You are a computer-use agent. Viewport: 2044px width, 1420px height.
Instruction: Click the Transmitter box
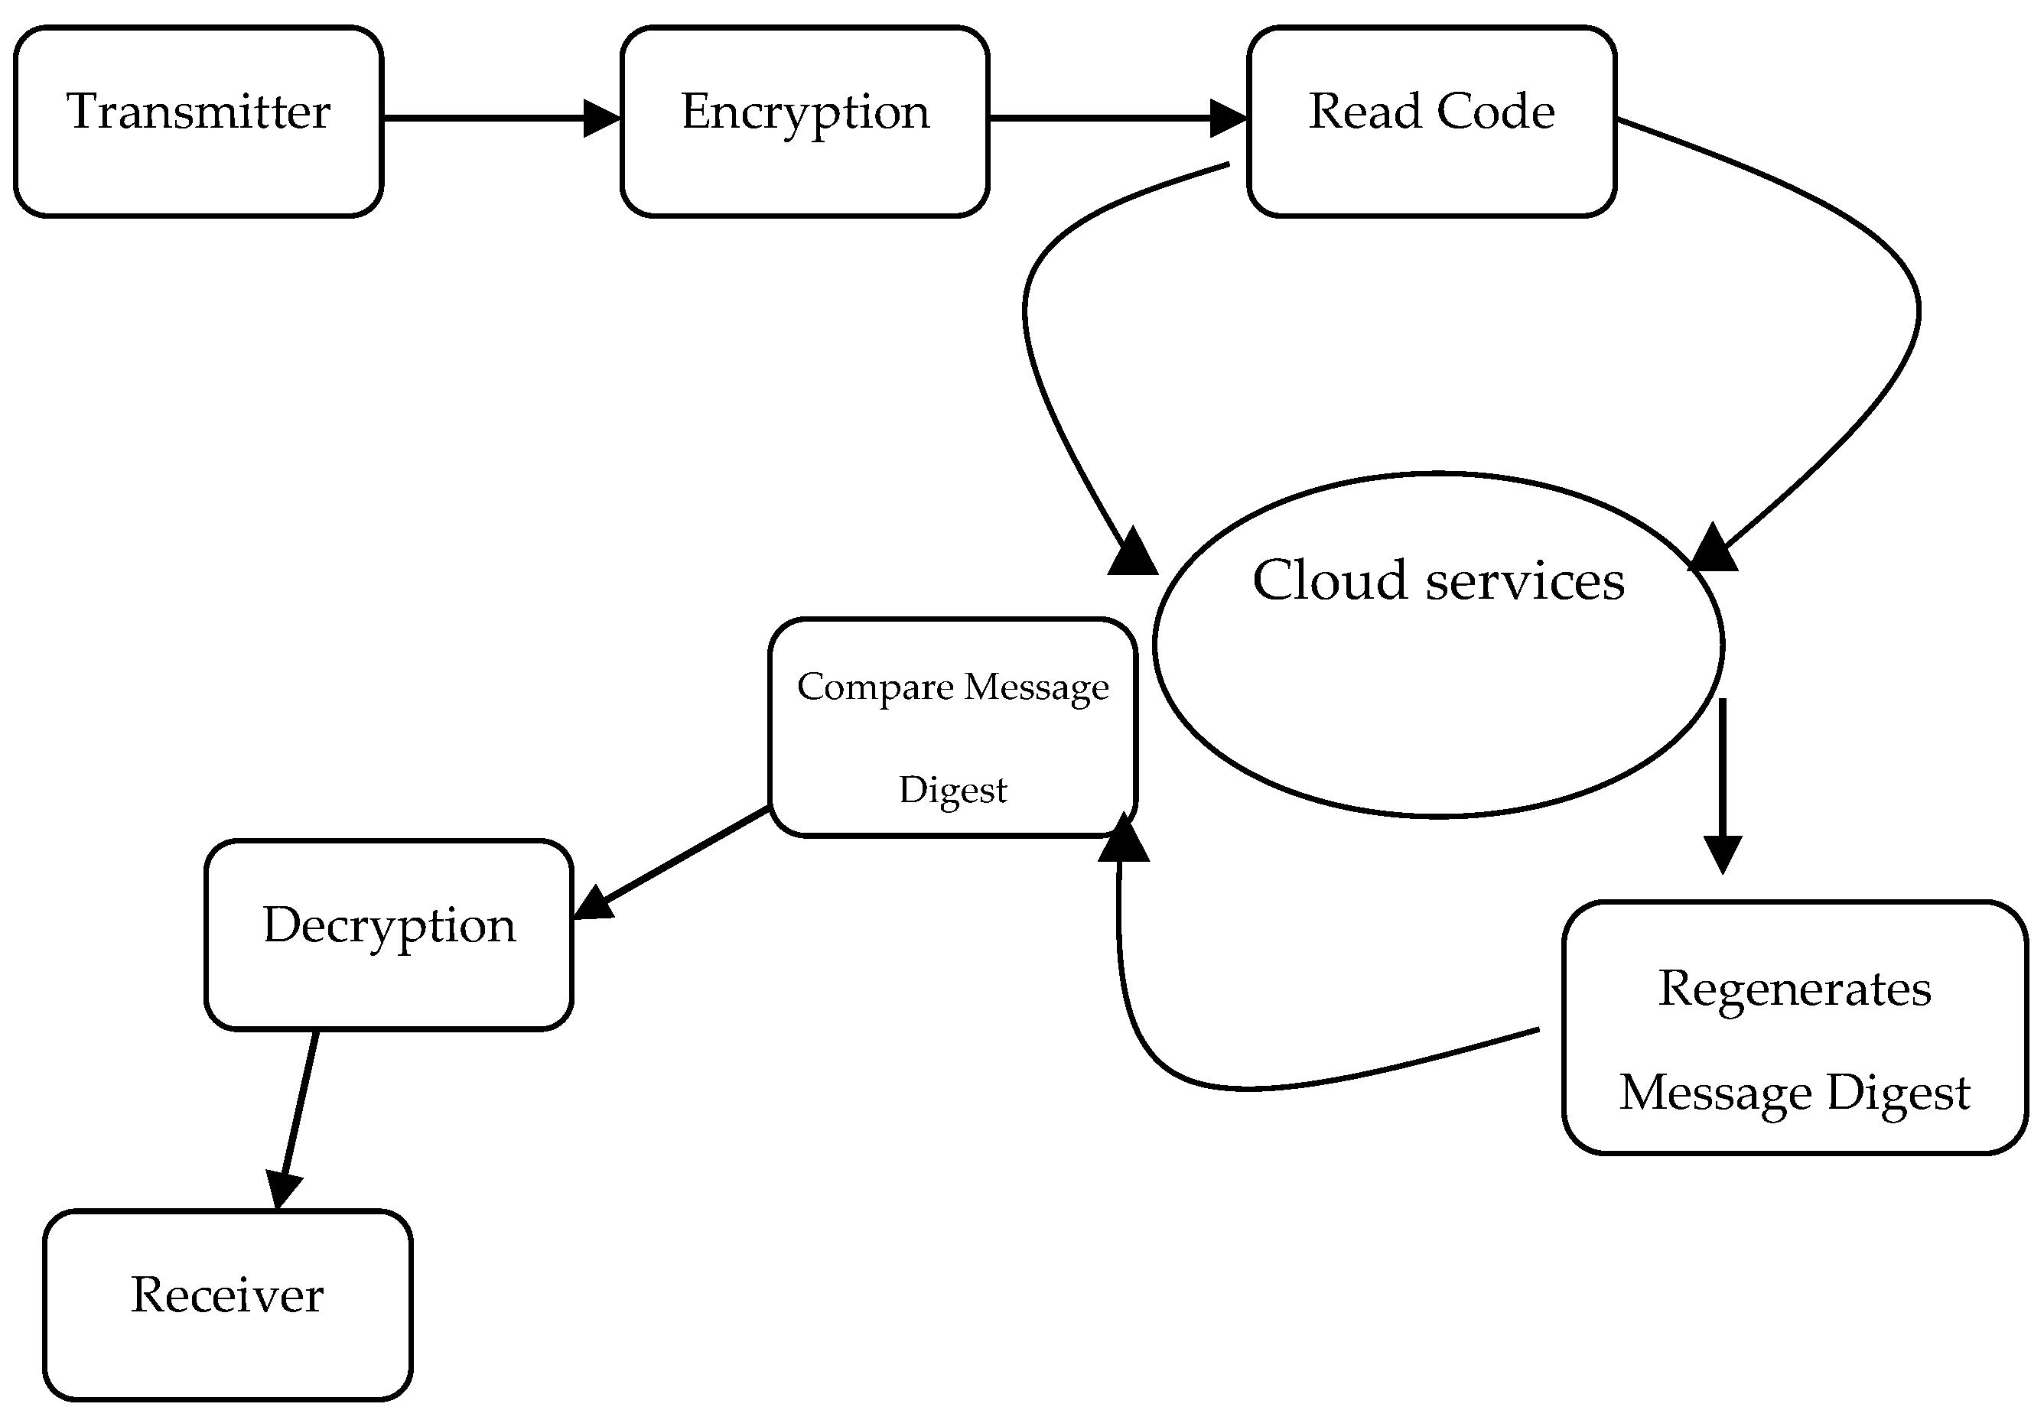197,121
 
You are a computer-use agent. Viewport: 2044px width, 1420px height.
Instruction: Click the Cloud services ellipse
1437,676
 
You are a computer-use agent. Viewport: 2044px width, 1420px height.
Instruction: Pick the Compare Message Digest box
952,728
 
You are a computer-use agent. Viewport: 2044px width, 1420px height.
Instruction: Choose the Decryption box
388,934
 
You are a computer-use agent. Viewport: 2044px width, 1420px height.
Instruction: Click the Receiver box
227,1305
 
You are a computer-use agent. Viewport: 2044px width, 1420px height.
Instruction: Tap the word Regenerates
1793,988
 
